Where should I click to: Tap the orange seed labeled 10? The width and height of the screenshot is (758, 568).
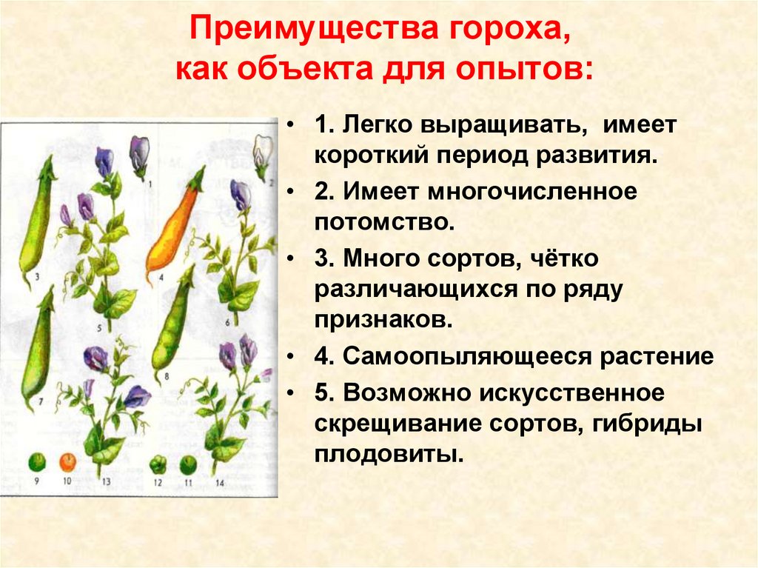click(67, 463)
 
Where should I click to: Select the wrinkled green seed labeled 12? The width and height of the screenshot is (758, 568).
click(158, 464)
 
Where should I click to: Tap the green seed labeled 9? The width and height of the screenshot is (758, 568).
click(37, 463)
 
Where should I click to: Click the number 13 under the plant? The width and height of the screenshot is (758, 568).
click(106, 481)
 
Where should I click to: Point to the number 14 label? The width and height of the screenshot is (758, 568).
click(220, 482)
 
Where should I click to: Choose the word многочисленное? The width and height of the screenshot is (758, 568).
click(532, 191)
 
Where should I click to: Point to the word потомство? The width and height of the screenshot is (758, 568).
click(385, 222)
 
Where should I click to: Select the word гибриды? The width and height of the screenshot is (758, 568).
click(646, 424)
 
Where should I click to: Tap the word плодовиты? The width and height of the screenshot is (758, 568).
click(389, 455)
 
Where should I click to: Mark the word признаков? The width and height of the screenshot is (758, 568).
click(383, 320)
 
